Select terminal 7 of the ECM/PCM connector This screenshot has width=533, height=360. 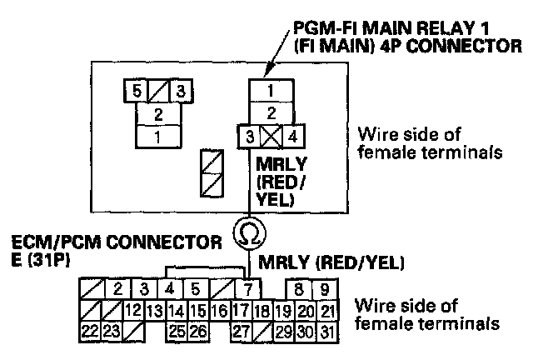coord(247,290)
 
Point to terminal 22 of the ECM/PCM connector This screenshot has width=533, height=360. coord(90,331)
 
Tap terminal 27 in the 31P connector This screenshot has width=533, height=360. coord(242,331)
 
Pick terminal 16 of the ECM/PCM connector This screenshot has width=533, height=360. coord(219,311)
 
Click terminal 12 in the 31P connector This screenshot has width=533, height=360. coord(132,311)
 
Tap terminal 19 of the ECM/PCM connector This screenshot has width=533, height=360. coord(284,311)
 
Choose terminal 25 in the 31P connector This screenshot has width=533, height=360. coord(175,331)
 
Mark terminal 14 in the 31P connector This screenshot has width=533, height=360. coord(175,311)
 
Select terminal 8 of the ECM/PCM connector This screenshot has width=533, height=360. coord(297,290)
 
